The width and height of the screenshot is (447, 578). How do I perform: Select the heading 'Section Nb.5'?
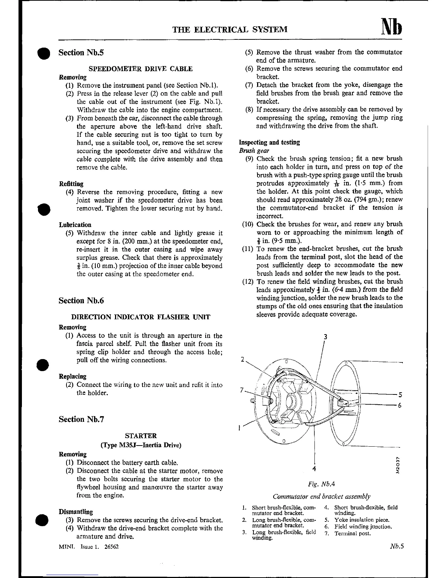point(81,53)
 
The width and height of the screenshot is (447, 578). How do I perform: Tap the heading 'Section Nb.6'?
point(81,300)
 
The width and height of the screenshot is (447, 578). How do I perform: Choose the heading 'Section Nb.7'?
point(81,419)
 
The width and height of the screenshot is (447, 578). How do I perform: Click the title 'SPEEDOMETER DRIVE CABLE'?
point(141,69)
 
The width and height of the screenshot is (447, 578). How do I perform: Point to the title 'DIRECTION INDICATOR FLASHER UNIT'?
point(141,317)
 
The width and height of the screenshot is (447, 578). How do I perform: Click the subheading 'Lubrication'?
point(75,225)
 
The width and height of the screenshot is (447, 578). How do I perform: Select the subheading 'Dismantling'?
point(76,512)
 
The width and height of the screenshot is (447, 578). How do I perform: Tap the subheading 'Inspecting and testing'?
point(269,142)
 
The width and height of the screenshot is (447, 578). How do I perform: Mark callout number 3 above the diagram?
point(325,337)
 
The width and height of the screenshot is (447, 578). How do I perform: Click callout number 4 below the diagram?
point(314,469)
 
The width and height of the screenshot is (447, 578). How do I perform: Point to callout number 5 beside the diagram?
point(400,394)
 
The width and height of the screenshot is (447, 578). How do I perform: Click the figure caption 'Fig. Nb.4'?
point(321,484)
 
